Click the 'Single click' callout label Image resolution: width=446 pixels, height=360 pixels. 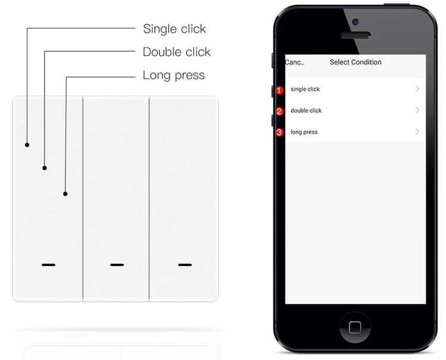tap(174, 29)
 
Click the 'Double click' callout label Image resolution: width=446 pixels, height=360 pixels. tap(177, 52)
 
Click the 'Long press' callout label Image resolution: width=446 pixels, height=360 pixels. tap(174, 75)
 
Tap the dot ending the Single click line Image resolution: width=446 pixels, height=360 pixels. tap(27, 145)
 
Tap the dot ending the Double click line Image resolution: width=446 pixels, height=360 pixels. tap(45, 168)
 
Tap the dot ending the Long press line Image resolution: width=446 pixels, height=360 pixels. tap(65, 194)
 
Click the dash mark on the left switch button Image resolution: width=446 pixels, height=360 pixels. tap(49, 265)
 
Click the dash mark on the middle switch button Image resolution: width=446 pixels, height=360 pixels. tap(117, 265)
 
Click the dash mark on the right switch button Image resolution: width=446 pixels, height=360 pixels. tap(185, 265)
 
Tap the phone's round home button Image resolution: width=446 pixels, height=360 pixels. tap(355, 327)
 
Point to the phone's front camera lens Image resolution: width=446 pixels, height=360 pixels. tap(355, 22)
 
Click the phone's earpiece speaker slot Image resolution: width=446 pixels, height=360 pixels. tap(356, 35)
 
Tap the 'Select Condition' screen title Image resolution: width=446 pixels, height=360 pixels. tap(356, 62)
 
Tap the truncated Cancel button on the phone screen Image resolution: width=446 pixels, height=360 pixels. tap(295, 62)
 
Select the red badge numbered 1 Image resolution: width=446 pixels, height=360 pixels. tap(279, 90)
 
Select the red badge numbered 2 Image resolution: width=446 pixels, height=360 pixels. tap(279, 111)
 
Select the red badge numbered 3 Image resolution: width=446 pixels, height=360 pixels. tap(279, 132)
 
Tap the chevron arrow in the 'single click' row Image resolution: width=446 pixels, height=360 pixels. tap(417, 89)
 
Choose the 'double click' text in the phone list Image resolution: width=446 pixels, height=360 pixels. tap(306, 110)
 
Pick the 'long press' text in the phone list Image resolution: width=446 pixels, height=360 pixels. tap(304, 132)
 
